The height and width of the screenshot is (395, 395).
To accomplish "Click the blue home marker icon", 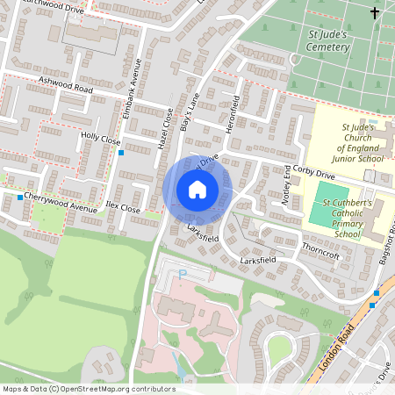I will coord(197,190).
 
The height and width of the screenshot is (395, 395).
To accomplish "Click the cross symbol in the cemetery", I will coord(376,12).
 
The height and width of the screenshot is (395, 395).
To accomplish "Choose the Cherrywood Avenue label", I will coord(61,201).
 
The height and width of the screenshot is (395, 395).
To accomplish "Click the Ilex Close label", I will coord(122,209).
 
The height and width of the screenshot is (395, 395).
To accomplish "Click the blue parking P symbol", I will coord(183,274).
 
